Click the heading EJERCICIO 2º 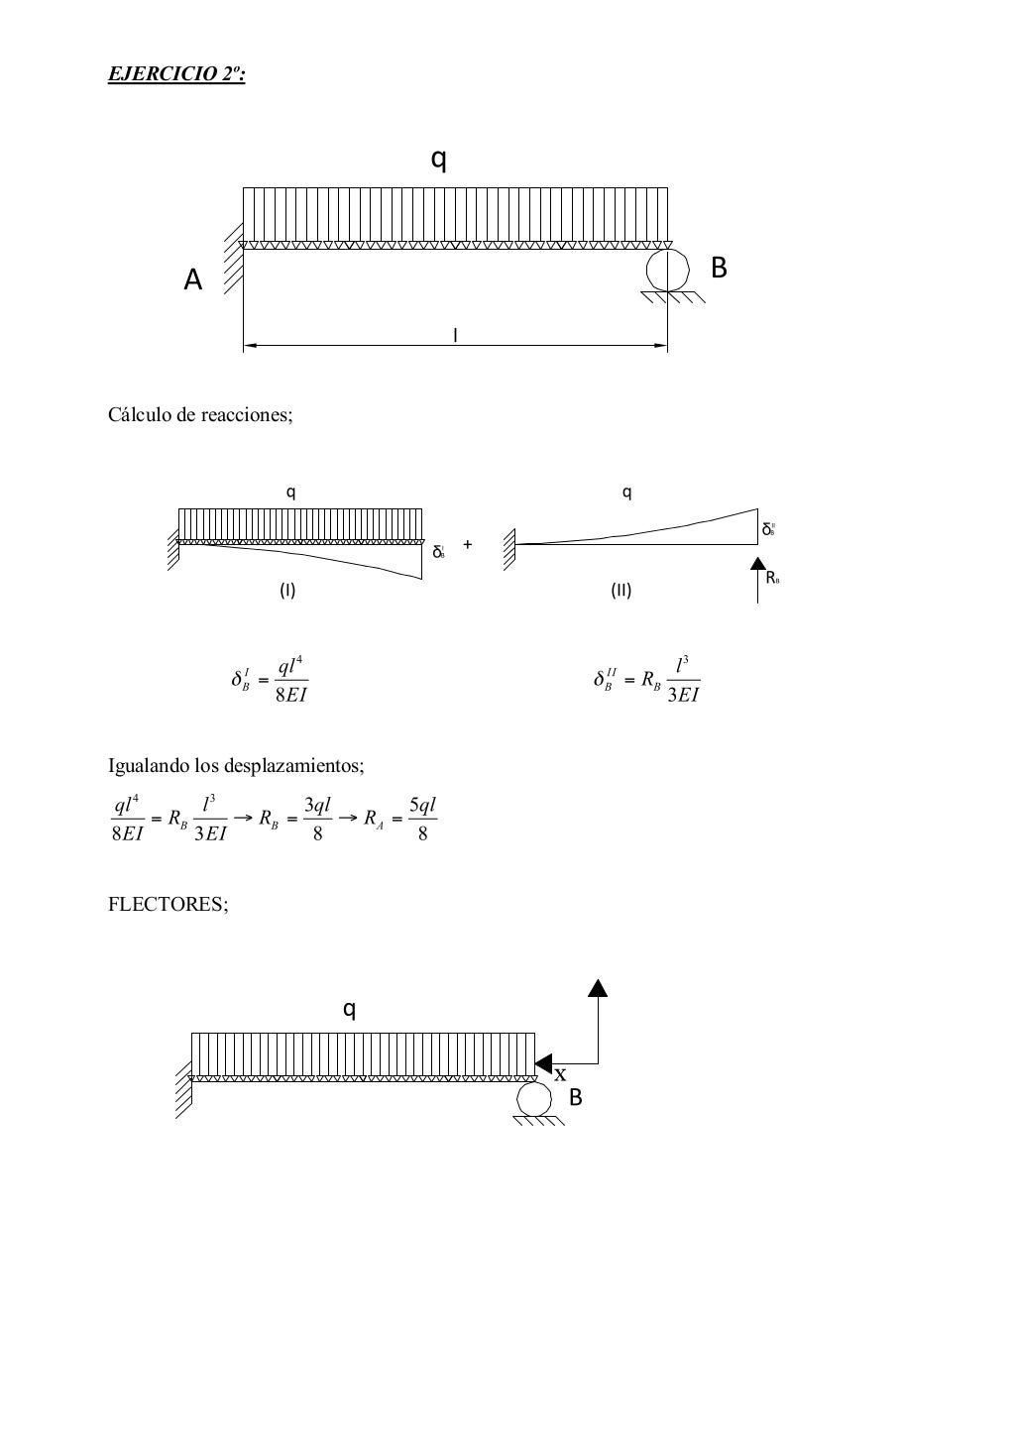coord(176,74)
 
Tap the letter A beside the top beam coord(193,281)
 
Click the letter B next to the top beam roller coord(720,268)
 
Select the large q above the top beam coord(439,159)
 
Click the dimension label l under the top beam coord(455,336)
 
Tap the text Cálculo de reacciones coord(200,414)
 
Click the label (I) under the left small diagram coord(286,591)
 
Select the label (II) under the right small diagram coord(620,591)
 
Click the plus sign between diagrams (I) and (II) coord(468,544)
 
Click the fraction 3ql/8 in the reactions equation coord(317,820)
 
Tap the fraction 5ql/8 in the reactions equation coord(422,820)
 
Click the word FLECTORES coord(168,904)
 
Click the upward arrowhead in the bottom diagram coord(597,986)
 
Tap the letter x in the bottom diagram coord(561,1075)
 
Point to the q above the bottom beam coord(349,1009)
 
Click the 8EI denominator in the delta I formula coord(291,695)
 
